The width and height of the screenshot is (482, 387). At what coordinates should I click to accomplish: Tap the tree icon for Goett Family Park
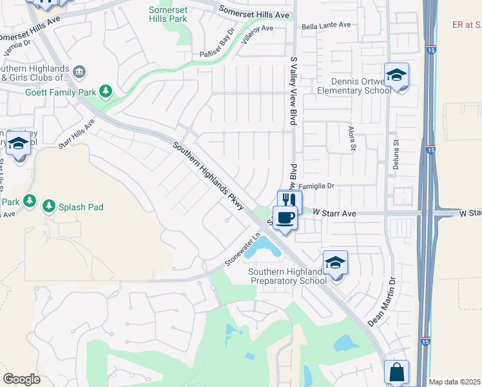pos(106,92)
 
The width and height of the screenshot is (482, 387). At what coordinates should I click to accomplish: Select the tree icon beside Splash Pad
pos(48,206)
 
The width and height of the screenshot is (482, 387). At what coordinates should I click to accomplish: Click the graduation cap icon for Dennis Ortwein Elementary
pos(397,74)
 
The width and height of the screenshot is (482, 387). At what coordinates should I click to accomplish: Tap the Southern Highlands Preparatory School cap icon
pos(335,263)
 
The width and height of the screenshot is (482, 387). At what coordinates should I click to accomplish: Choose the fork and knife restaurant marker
pos(289,201)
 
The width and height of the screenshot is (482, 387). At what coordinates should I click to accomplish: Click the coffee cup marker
pos(285,217)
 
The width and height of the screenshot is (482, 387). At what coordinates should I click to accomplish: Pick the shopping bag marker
pos(397,372)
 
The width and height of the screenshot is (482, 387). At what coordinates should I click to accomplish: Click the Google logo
pos(21,379)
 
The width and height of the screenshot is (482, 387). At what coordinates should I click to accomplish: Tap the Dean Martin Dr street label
pos(381,301)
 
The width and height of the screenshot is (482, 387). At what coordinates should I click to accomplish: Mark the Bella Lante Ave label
pos(326,25)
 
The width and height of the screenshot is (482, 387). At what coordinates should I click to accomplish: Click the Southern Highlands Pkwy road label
pos(208,176)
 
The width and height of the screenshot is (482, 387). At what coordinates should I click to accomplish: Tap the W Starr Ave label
pos(326,212)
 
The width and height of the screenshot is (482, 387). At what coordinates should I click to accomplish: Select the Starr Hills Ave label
pos(76,134)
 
